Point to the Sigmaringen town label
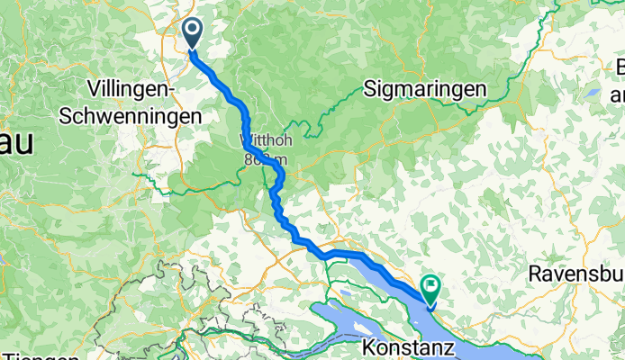pos(425,88)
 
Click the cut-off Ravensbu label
pos(575,273)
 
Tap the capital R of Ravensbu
pos(535,273)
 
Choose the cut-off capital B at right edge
pos(620,67)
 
